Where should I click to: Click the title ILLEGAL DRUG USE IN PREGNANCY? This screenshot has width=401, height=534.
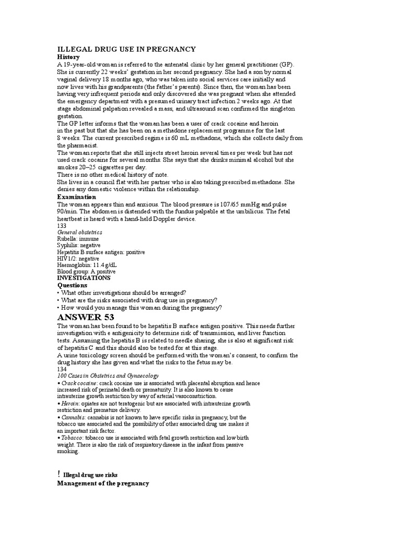(x=126, y=49)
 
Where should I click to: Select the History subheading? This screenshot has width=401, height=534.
(x=68, y=57)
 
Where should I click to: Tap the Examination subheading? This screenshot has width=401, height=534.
(x=76, y=197)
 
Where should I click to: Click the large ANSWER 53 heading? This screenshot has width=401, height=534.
(x=85, y=317)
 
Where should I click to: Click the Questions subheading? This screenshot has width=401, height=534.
(x=72, y=285)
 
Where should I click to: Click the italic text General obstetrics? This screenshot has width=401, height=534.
(x=79, y=232)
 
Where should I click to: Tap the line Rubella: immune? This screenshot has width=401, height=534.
(x=77, y=239)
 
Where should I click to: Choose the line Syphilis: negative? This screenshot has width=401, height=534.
(x=79, y=245)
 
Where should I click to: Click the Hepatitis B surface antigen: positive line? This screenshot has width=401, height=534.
(x=101, y=252)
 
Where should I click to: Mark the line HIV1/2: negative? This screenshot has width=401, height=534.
(x=78, y=258)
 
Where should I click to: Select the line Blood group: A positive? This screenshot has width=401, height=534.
(x=86, y=271)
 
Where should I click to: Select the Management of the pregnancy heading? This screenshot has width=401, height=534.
(x=103, y=483)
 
